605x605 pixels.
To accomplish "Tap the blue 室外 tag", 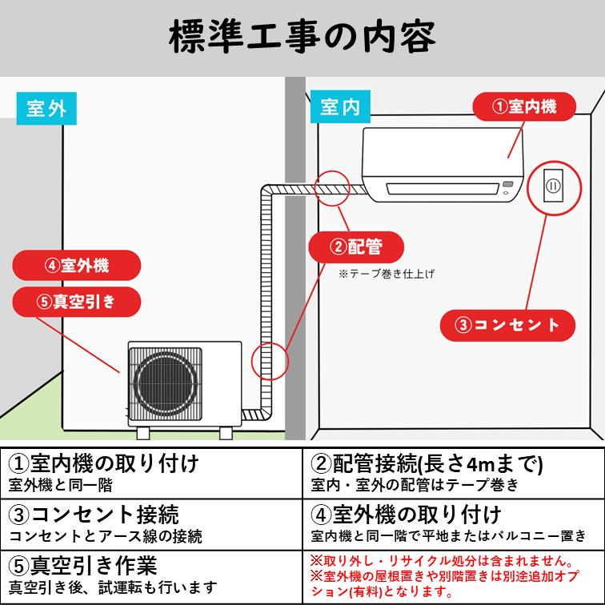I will click(46, 108).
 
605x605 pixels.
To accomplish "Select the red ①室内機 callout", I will click(523, 106).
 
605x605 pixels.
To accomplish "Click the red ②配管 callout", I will click(355, 246).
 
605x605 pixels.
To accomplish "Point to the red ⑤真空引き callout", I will click(77, 301).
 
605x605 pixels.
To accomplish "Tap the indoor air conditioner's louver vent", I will click(445, 189).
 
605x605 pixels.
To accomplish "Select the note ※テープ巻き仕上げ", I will click(386, 274).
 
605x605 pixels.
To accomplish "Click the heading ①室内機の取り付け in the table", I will click(104, 464).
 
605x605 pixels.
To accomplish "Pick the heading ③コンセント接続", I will click(94, 514).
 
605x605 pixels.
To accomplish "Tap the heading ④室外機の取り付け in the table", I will click(406, 514).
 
